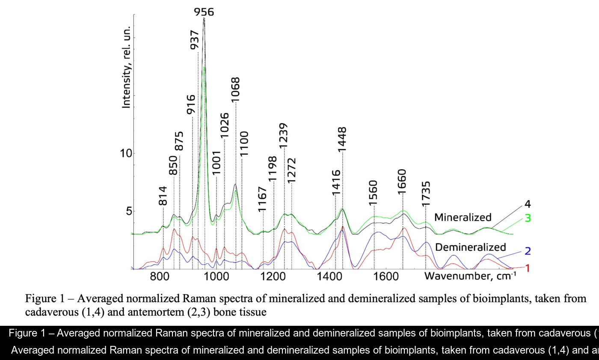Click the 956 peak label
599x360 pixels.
(204, 12)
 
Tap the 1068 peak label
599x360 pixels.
(236, 90)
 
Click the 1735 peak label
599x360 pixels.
(425, 194)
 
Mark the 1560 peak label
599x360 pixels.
(374, 194)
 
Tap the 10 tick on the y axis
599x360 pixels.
(125, 153)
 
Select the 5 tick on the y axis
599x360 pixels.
(128, 211)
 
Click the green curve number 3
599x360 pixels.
(528, 218)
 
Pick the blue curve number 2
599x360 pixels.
(528, 251)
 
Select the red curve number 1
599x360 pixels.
(528, 268)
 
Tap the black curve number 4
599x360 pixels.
(528, 204)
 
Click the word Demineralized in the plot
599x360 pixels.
(470, 247)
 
